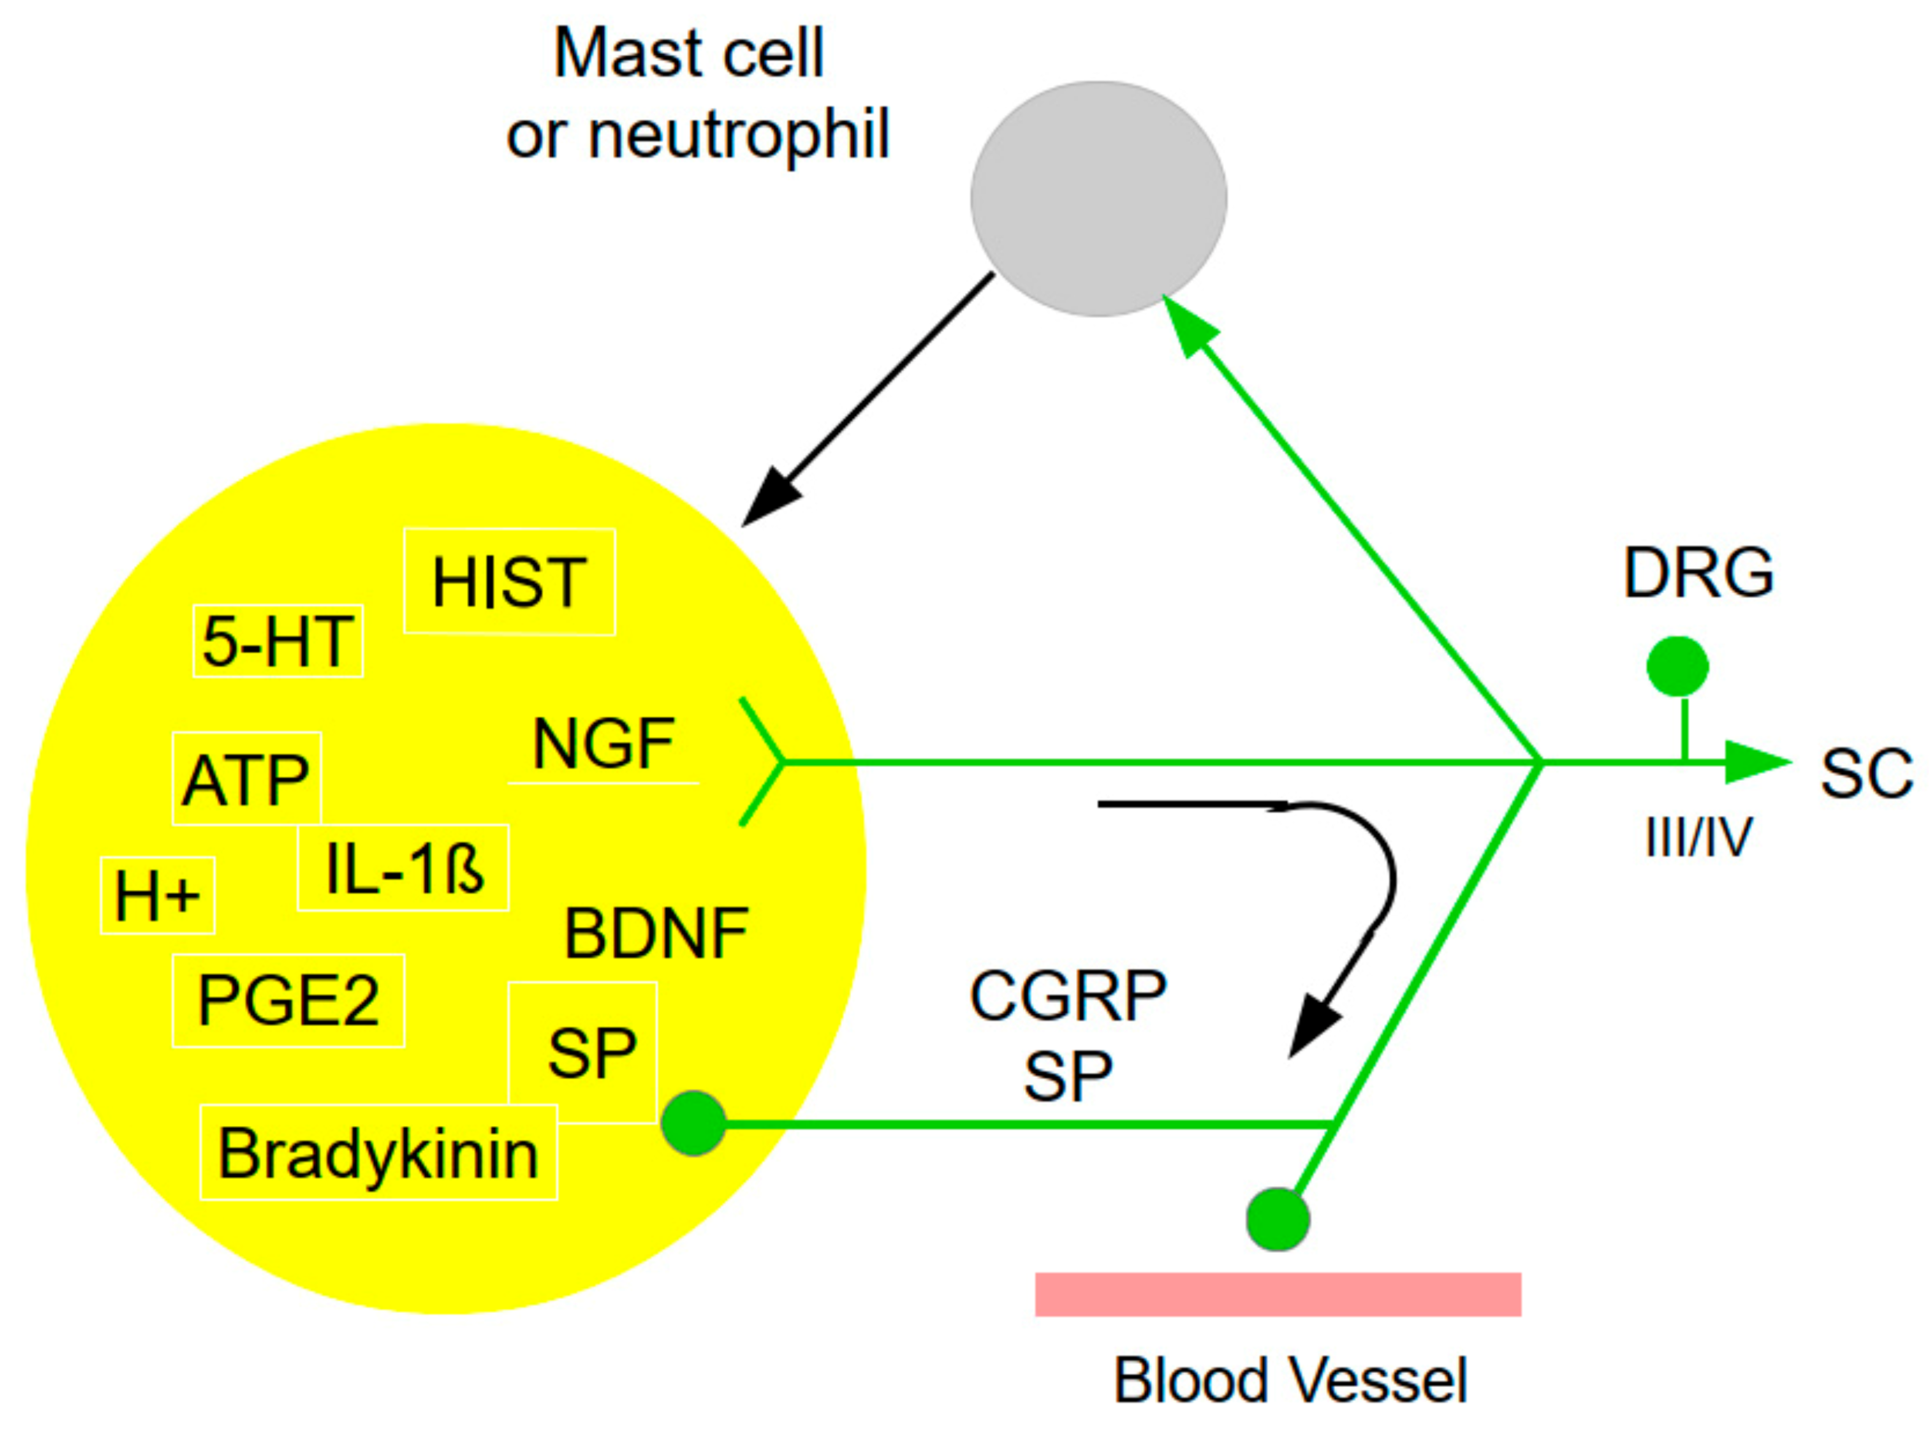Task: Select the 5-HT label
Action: [277, 641]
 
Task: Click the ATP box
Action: [246, 778]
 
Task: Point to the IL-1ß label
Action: [403, 867]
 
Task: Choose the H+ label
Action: [158, 896]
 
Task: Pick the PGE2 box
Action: [288, 1001]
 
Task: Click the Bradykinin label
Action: [378, 1152]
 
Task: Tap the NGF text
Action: [603, 744]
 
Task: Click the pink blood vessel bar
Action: [1278, 1294]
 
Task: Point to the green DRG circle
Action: [1677, 666]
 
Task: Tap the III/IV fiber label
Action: [1698, 837]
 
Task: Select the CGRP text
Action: [1068, 996]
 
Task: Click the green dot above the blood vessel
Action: [1278, 1219]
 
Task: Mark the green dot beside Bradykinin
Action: [693, 1124]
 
